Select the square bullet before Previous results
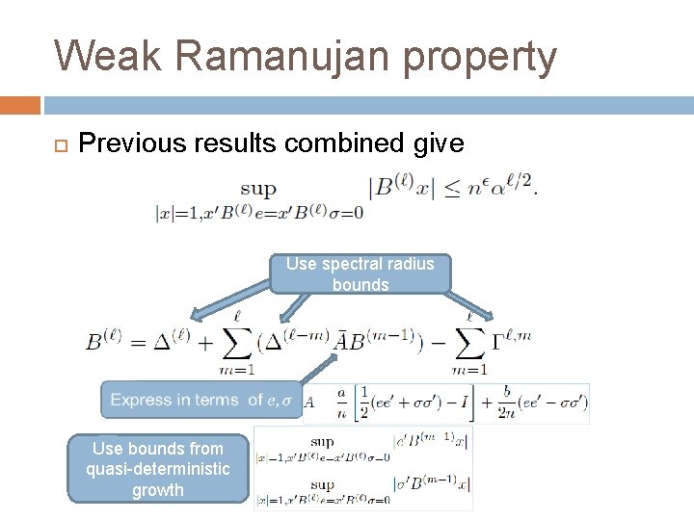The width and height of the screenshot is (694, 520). coord(60,145)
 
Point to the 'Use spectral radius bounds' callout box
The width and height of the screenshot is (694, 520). coord(360,273)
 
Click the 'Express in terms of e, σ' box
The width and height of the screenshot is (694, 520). coord(201,400)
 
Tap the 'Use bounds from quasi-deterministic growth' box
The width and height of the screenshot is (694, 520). coord(157,469)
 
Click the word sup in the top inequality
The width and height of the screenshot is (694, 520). coord(257,190)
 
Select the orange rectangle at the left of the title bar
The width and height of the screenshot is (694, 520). coord(20,105)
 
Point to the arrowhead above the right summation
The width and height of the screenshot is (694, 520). coord(489,315)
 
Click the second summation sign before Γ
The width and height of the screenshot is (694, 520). coord(469,344)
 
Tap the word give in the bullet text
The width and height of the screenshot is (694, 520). coord(442,143)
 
